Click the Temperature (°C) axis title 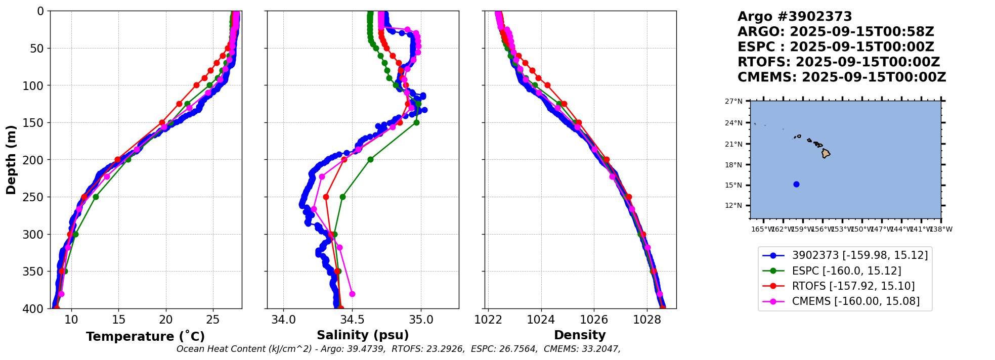click(x=145, y=336)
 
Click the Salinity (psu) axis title click(x=363, y=335)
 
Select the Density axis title click(x=580, y=335)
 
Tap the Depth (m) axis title click(x=11, y=159)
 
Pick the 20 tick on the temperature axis click(x=166, y=320)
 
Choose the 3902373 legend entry click(x=859, y=255)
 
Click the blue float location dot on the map click(x=796, y=185)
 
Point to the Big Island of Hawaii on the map click(x=826, y=153)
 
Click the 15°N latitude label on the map click(x=734, y=185)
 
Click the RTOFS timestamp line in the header click(x=838, y=62)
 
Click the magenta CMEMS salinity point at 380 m click(x=352, y=294)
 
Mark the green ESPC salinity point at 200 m click(x=370, y=160)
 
